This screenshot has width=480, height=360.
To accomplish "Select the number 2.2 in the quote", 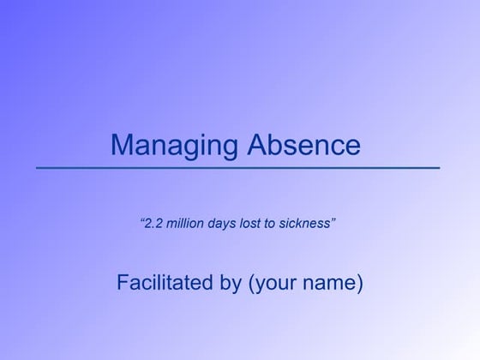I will [153, 224].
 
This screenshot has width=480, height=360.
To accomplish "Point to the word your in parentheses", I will [277, 283].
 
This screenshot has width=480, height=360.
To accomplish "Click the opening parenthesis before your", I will [250, 283].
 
